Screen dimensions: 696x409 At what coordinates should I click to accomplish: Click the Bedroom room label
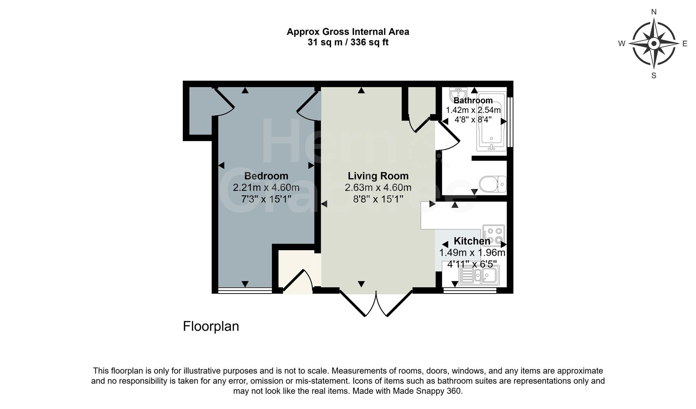pyautogui.click(x=266, y=176)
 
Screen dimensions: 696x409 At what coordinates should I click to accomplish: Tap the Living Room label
pyautogui.click(x=378, y=176)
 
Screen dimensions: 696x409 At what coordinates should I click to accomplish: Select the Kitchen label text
pyautogui.click(x=472, y=241)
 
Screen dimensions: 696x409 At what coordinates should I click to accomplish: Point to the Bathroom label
pyautogui.click(x=473, y=100)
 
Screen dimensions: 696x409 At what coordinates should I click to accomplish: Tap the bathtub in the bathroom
pyautogui.click(x=492, y=120)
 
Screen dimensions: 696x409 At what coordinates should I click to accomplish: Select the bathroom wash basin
pyautogui.click(x=458, y=92)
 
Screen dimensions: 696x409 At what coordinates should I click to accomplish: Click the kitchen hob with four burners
pyautogui.click(x=494, y=235)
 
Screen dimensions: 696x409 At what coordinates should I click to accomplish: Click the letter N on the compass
pyautogui.click(x=654, y=12)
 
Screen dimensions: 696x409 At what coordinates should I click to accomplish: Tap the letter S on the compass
pyautogui.click(x=654, y=75)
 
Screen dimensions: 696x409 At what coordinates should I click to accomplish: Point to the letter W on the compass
pyautogui.click(x=622, y=44)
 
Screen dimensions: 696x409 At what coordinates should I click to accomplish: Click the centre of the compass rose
pyautogui.click(x=654, y=44)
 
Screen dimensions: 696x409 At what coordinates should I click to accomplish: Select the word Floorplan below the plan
pyautogui.click(x=211, y=326)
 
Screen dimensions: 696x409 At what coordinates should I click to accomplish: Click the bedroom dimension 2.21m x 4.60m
pyautogui.click(x=266, y=187)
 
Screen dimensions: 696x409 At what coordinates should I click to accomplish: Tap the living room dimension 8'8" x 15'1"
pyautogui.click(x=378, y=199)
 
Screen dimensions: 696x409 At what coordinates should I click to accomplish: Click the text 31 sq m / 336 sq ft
pyautogui.click(x=348, y=42)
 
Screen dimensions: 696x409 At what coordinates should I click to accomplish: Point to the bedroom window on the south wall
pyautogui.click(x=245, y=290)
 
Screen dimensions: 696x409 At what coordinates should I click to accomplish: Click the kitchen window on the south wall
pyautogui.click(x=470, y=290)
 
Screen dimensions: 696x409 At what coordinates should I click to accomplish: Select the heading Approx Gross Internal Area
pyautogui.click(x=348, y=32)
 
